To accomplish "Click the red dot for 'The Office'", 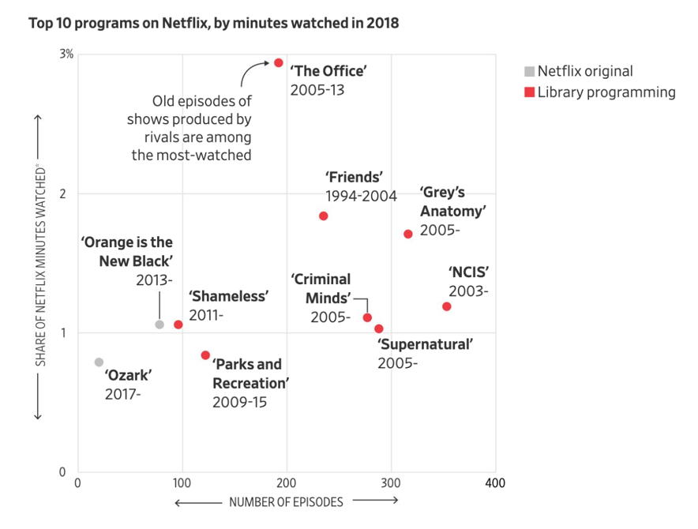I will [x=279, y=62].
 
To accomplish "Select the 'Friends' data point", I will [x=323, y=216].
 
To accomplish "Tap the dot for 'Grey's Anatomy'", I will [x=408, y=234].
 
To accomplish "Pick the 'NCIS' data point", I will [x=447, y=306].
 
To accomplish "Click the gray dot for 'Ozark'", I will [x=99, y=362].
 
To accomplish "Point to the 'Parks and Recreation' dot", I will [x=205, y=355].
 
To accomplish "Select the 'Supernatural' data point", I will [x=379, y=328].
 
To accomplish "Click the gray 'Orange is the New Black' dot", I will [x=159, y=325].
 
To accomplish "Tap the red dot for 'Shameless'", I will [x=178, y=325].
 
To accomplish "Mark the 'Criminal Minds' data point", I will [x=367, y=317].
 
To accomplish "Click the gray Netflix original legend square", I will [x=530, y=72].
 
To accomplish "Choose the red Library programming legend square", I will [x=530, y=92].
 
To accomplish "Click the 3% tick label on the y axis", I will [x=66, y=54].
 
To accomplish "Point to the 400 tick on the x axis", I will [x=495, y=483].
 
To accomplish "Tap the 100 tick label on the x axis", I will [x=182, y=483].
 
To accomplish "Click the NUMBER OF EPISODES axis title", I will [x=286, y=502].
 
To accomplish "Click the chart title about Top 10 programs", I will [x=214, y=23].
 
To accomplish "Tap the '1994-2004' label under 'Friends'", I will [x=361, y=196].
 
